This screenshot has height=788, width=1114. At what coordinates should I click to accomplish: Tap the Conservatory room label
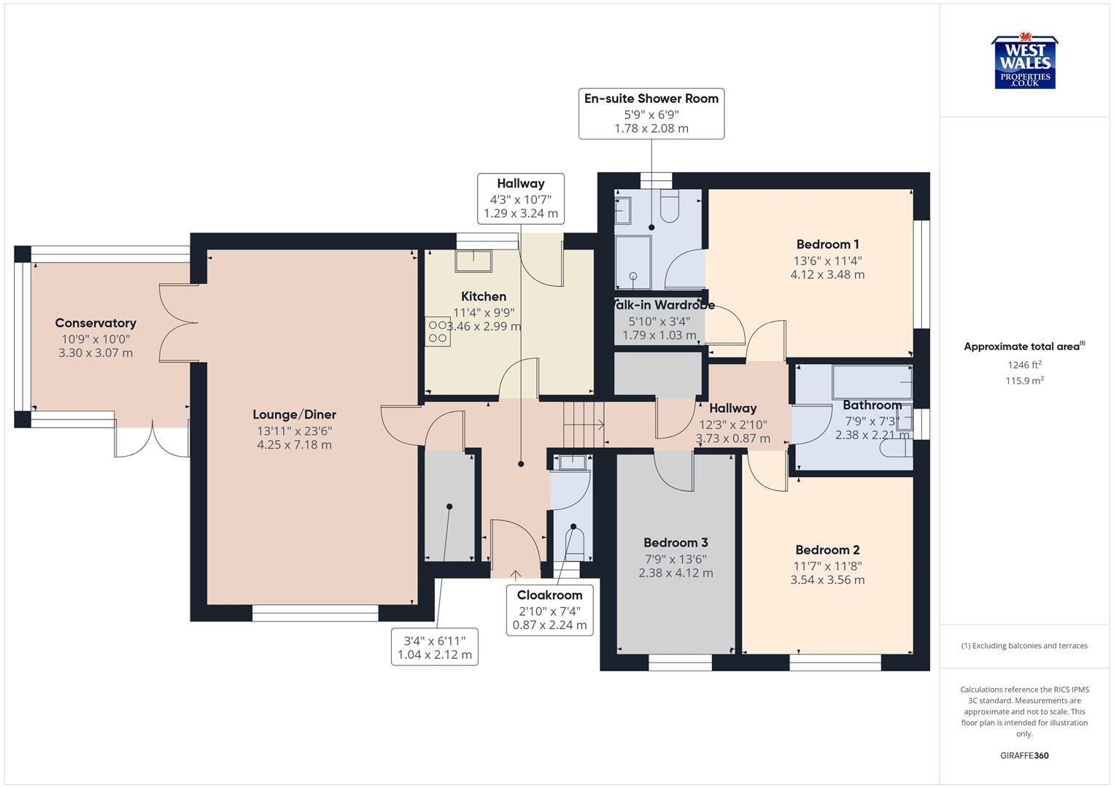click(96, 323)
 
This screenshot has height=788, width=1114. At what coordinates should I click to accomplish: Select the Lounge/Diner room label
click(294, 414)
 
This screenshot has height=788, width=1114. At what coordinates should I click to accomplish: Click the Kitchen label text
click(484, 296)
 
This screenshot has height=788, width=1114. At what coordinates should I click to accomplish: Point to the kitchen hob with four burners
click(438, 331)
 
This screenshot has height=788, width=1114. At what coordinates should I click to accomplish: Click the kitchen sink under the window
click(473, 259)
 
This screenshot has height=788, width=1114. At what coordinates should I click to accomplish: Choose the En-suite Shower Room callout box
click(651, 113)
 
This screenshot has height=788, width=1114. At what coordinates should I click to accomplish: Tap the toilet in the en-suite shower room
click(669, 206)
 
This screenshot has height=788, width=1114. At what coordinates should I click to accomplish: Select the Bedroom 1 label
click(827, 244)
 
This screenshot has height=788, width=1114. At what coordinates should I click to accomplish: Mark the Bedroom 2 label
click(827, 550)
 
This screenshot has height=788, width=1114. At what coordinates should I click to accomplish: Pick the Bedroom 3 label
click(676, 543)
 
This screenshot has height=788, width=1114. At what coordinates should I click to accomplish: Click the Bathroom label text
click(872, 405)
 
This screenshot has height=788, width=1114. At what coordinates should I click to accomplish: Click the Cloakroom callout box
click(549, 610)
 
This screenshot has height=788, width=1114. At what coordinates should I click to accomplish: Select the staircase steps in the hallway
click(584, 424)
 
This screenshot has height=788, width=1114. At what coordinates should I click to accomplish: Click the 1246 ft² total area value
click(1024, 365)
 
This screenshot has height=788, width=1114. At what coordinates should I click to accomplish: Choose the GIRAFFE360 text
click(1024, 755)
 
